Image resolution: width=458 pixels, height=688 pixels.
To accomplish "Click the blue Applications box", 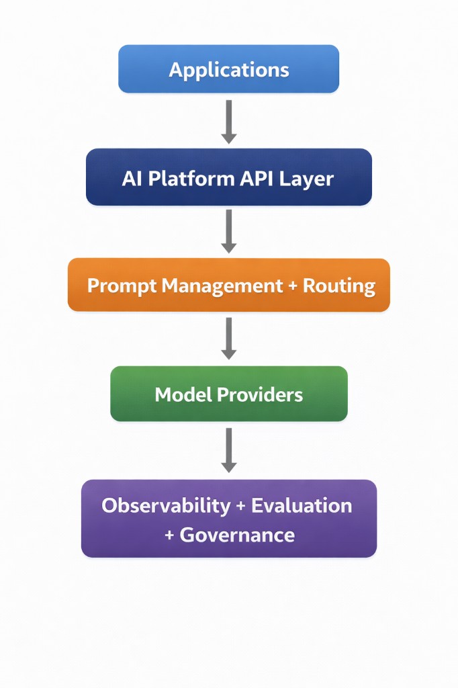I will (228, 69).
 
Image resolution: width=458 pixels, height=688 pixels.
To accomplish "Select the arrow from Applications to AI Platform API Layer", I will (229, 122).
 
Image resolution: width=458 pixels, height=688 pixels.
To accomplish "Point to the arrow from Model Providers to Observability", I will (229, 449).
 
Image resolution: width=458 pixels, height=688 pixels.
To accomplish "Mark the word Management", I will (222, 286).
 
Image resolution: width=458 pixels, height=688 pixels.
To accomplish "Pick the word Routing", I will (339, 286).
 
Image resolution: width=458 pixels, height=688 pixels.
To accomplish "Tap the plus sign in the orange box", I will (292, 286).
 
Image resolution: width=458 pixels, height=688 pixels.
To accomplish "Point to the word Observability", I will (166, 506).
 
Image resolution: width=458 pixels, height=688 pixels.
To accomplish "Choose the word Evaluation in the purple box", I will (302, 506).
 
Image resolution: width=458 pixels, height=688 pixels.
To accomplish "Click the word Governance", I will (237, 535).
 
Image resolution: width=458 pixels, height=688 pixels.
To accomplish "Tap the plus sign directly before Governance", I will (170, 535).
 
